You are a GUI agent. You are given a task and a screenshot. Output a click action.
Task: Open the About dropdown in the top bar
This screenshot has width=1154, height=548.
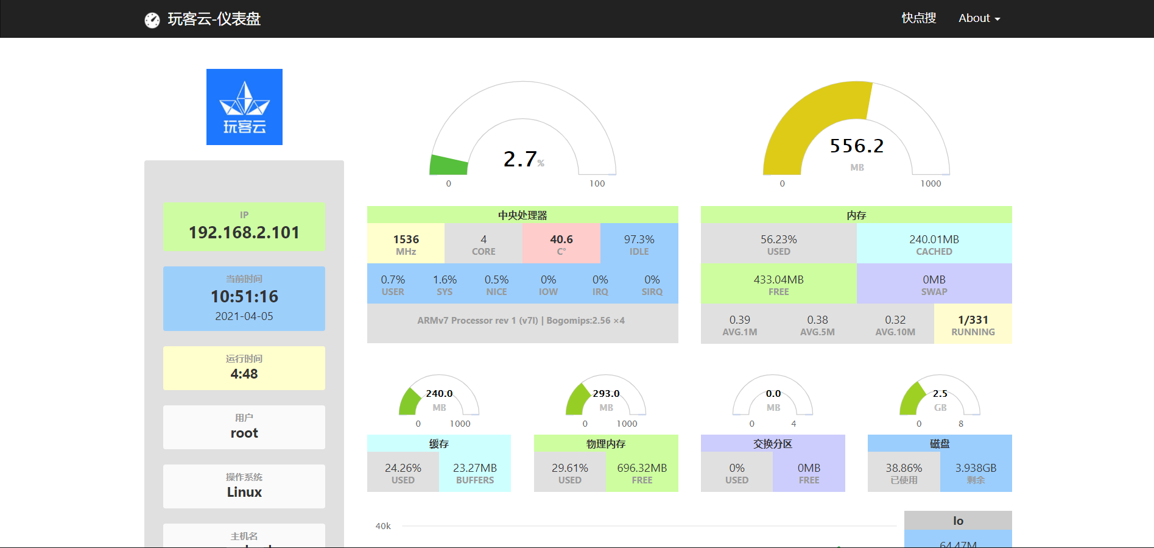tap(979, 18)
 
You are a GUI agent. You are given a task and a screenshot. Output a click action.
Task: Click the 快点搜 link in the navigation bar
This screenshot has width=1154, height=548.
tap(918, 18)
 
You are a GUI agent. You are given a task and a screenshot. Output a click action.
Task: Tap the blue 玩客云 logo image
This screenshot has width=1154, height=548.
tap(244, 107)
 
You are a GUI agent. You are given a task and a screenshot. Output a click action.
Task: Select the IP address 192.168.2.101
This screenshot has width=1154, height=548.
tap(244, 232)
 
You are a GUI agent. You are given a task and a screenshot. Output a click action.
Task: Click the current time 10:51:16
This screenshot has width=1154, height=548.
tap(244, 296)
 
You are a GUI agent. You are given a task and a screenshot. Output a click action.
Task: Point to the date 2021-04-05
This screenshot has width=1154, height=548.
tap(244, 316)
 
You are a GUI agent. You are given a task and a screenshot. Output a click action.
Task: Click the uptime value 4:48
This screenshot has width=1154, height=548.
tap(244, 374)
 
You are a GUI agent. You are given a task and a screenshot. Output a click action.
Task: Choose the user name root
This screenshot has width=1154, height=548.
tap(244, 433)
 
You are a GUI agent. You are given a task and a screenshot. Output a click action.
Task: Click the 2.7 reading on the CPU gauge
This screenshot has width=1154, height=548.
tap(520, 159)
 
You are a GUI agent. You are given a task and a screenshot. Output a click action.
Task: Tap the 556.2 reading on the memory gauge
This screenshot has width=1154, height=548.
tap(856, 146)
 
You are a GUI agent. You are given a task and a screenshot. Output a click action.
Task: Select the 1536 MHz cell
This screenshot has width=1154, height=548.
tap(406, 243)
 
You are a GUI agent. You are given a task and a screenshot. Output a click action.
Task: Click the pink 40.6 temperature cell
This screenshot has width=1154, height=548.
tap(561, 243)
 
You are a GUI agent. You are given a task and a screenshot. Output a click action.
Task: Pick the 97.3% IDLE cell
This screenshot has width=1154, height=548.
tap(639, 243)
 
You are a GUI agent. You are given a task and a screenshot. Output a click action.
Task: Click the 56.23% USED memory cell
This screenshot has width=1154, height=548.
tap(778, 243)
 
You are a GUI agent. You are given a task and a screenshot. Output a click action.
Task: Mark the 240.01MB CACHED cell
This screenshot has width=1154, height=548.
tap(934, 243)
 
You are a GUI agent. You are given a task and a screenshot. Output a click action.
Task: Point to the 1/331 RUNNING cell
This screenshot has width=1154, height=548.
tap(973, 324)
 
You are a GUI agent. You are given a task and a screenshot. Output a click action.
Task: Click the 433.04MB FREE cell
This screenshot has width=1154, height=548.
tap(778, 283)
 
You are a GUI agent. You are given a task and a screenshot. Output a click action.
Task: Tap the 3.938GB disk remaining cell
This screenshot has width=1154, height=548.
tap(976, 472)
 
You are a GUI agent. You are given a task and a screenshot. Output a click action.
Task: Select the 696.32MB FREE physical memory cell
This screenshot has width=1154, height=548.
tap(642, 472)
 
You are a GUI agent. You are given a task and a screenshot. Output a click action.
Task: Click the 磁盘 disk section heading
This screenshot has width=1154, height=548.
tap(940, 444)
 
